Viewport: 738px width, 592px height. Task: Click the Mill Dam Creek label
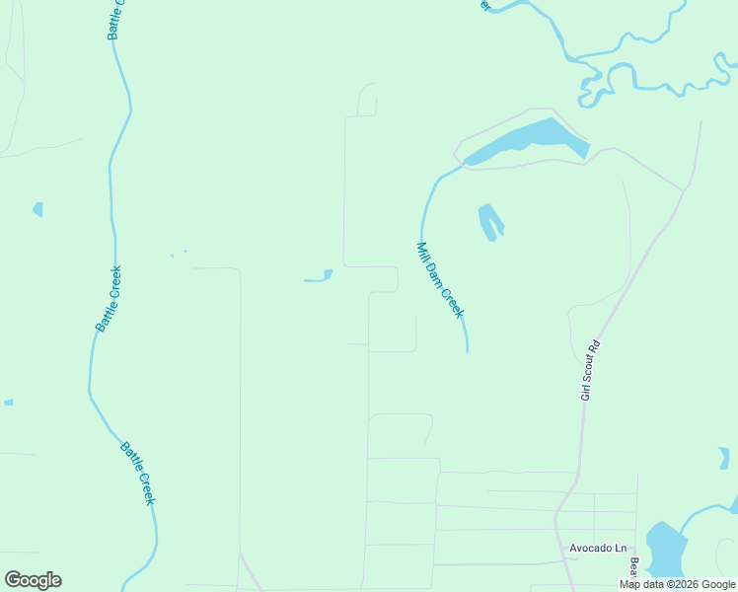440,280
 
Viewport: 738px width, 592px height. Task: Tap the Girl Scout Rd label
590,371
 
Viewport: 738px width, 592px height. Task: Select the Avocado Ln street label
598,548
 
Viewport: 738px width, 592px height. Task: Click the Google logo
33,580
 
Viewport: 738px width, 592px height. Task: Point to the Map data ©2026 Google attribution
677,584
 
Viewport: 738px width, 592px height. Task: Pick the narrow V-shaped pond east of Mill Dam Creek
490,221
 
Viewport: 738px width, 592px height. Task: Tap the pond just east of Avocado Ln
667,550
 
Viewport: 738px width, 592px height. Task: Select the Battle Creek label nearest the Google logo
138,474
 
